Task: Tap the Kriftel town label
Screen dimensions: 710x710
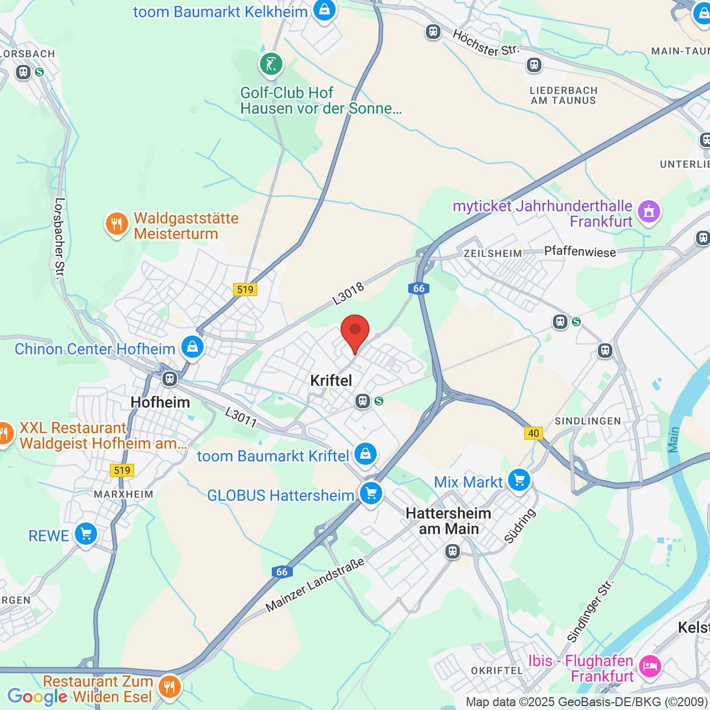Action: point(331,381)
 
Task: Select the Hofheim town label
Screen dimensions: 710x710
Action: point(160,402)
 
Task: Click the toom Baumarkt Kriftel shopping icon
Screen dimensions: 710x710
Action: point(365,454)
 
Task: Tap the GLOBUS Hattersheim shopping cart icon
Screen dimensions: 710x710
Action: point(371,493)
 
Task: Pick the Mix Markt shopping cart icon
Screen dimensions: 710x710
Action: point(519,480)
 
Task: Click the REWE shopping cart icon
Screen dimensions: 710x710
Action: point(86,534)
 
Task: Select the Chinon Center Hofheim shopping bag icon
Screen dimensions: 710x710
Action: point(192,347)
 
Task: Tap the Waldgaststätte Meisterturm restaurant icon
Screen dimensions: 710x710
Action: point(116,224)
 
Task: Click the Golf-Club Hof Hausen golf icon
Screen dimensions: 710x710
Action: point(271,64)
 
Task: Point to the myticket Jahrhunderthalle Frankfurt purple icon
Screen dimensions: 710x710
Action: point(648,211)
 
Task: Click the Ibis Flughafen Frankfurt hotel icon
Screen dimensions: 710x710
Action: point(650,666)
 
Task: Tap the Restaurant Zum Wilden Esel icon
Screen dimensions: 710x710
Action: point(169,687)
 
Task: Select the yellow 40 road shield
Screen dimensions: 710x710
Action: point(534,433)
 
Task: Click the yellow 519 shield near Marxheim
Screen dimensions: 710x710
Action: point(122,471)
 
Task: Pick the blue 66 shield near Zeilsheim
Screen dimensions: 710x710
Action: point(419,288)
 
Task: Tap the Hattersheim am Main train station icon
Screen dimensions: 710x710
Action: point(453,551)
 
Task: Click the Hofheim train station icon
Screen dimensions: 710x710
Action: point(170,379)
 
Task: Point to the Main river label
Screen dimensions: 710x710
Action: point(673,439)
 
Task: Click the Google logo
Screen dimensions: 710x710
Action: point(37,697)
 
